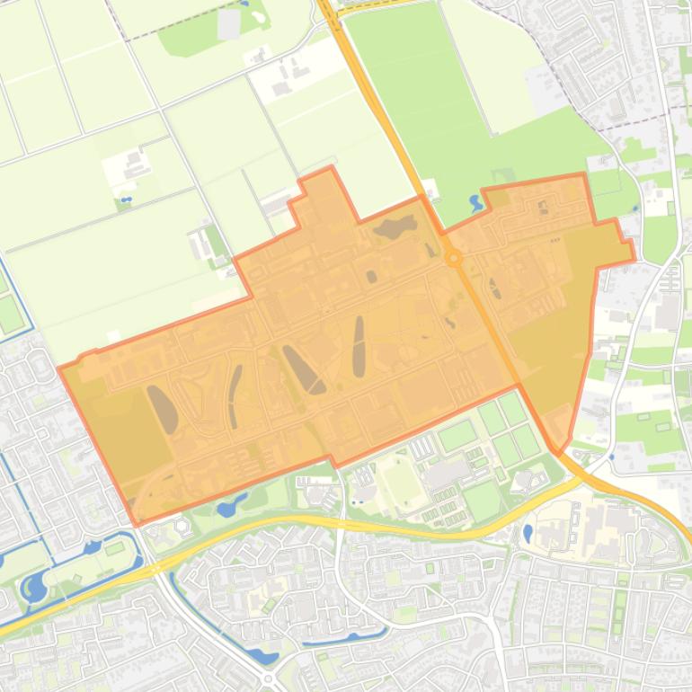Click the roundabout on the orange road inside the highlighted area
point(454,258)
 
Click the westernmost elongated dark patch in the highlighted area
point(163,409)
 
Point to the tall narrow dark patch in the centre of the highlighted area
point(359,347)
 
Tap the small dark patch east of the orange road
point(494,288)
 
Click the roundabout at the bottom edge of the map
point(269,679)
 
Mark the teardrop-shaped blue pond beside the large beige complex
point(528,533)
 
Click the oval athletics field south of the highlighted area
point(402,484)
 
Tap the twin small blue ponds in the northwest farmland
point(126,199)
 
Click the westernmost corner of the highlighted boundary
point(59,368)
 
